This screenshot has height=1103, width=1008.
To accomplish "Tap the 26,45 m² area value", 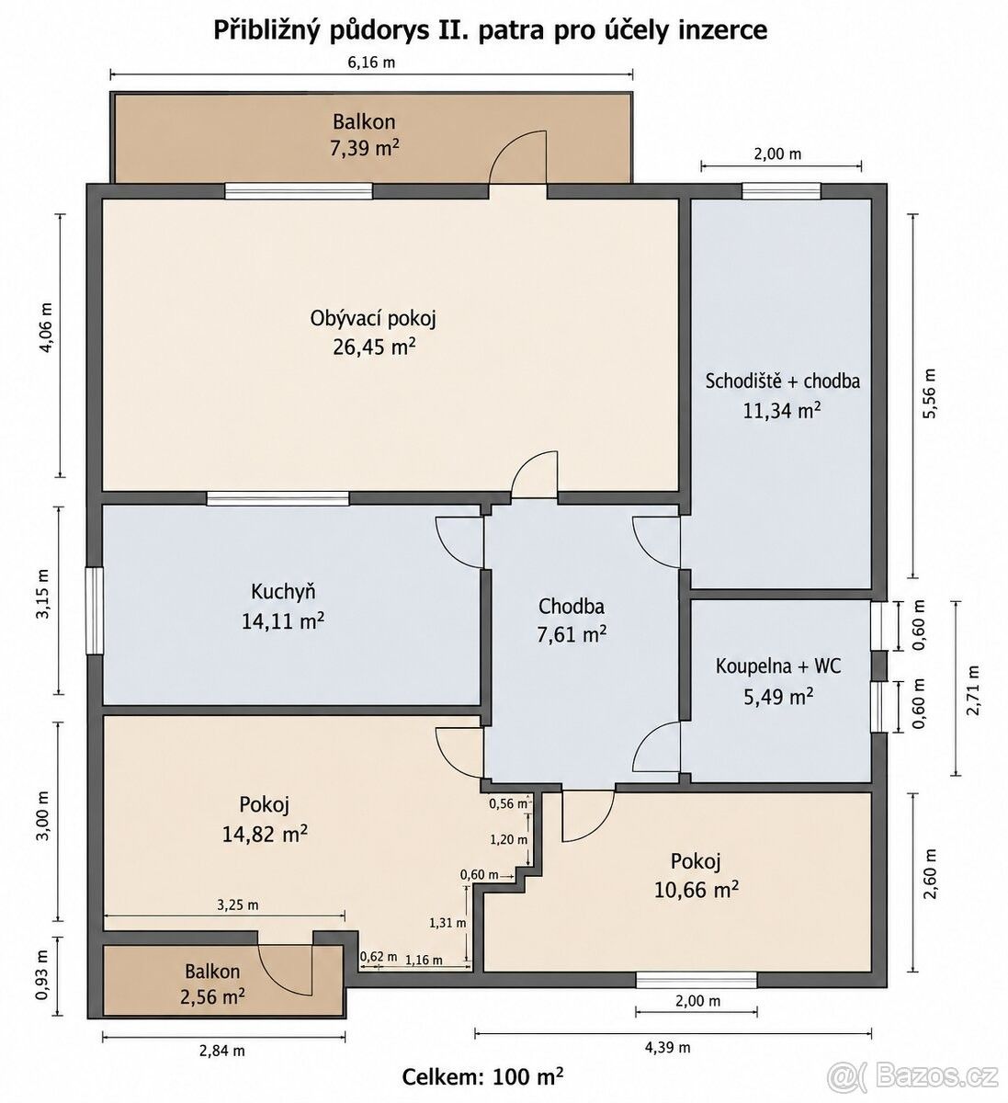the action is [373, 347].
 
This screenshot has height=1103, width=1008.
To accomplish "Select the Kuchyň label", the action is [283, 593].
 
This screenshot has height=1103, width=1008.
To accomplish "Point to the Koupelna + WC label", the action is [778, 666].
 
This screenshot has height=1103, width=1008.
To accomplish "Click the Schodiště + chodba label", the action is [783, 381].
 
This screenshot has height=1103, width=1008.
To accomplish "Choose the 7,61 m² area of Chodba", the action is [572, 635].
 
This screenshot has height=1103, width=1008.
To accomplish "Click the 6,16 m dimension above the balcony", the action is [371, 63].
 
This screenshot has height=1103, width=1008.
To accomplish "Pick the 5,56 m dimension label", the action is [929, 393].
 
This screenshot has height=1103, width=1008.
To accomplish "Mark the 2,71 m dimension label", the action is [973, 690].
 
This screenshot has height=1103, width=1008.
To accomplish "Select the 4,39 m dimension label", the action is [667, 1048].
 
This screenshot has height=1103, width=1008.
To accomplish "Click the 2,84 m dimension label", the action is [221, 1052].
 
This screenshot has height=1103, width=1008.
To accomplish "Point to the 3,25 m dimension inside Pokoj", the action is [238, 905].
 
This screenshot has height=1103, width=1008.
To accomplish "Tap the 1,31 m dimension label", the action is [447, 923].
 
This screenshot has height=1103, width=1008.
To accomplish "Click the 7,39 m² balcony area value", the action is [364, 149].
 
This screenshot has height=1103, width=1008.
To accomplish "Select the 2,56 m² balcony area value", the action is [212, 996].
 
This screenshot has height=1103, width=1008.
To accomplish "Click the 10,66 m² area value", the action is [696, 889].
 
